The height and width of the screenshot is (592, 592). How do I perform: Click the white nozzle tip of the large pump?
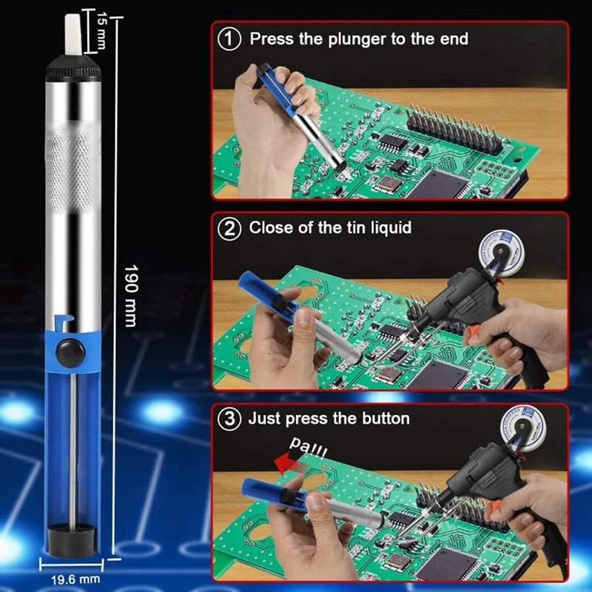73,34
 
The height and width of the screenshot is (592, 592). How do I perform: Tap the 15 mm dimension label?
101,30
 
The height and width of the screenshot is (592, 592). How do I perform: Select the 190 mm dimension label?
131,295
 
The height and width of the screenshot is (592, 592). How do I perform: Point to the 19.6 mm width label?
75,579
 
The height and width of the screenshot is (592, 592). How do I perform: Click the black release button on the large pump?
70,353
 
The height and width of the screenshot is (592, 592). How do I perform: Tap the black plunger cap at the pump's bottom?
72,539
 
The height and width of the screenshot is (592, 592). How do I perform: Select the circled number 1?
229,39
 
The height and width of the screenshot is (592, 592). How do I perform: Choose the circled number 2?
229,229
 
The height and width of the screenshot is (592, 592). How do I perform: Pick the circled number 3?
229,419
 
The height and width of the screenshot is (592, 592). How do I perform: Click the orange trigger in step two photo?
472,332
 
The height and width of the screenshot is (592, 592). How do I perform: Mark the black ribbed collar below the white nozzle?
73,68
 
